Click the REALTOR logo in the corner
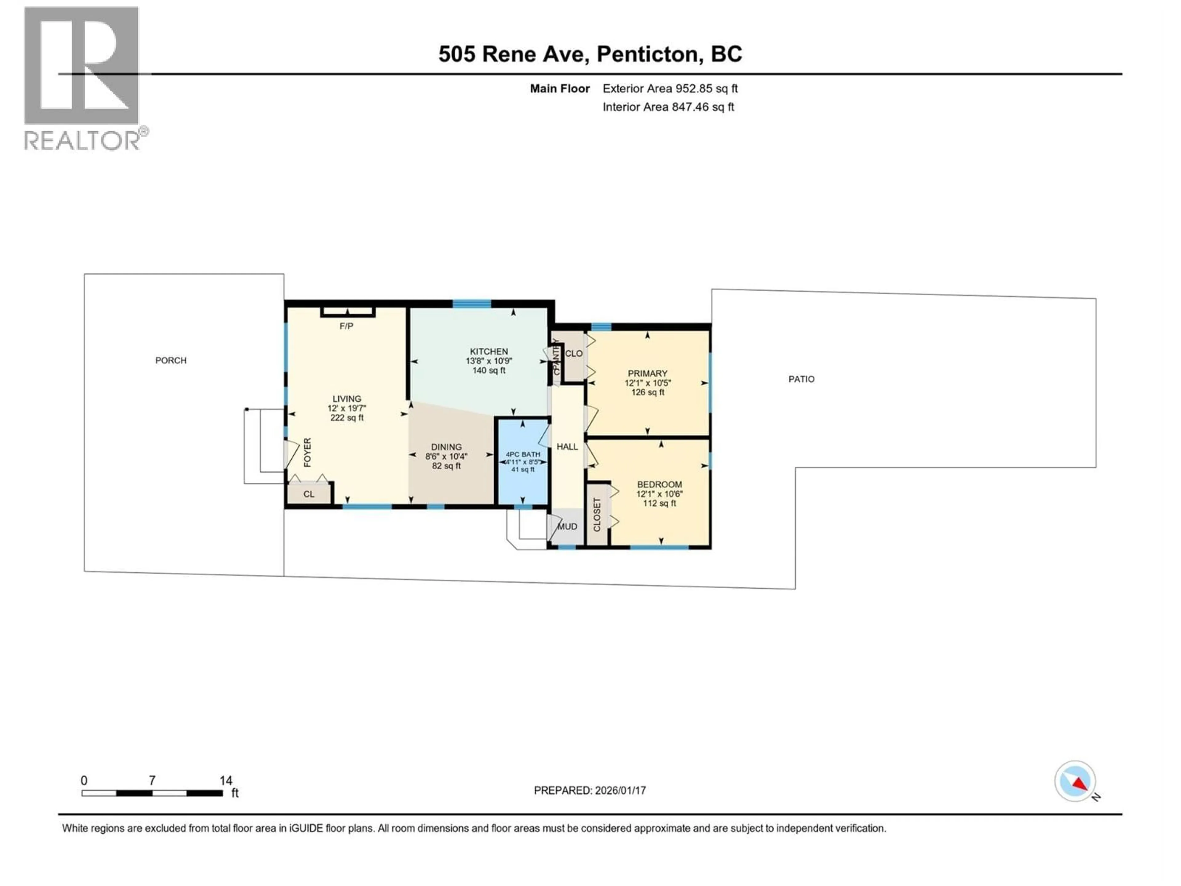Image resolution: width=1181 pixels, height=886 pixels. pos(83,78)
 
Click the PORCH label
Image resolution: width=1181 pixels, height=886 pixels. pos(171,361)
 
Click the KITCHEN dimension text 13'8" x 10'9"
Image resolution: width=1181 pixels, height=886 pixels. pos(488,361)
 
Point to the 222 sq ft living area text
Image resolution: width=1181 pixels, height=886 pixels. pos(347,418)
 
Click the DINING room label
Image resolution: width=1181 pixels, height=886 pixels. pos(446,447)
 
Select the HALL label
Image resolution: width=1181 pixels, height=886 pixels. pos(567,446)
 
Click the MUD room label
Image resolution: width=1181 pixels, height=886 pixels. pos(567,527)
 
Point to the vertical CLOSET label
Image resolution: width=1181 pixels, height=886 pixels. pos(597,514)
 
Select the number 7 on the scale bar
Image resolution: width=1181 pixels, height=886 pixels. pos(152,780)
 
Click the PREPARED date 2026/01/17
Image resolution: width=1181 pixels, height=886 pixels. pos(590,790)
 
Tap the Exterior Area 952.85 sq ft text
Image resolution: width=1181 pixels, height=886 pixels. pos(670,89)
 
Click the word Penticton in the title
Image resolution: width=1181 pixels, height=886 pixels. pos(647,54)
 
